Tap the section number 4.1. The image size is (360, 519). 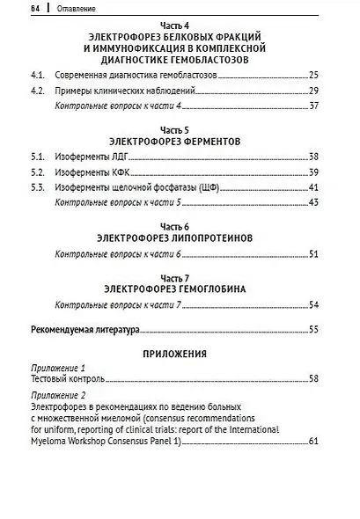click(36, 77)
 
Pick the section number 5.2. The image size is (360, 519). click(36, 172)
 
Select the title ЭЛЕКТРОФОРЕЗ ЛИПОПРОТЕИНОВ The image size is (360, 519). click(181, 238)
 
